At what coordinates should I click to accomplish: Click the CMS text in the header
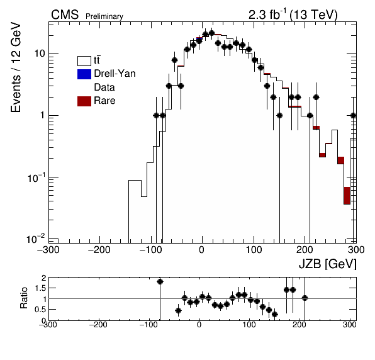coord(65,15)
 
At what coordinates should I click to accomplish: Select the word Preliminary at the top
coord(104,16)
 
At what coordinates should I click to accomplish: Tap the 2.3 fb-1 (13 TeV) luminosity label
coord(293,14)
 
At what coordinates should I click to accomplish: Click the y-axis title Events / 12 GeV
coord(16,67)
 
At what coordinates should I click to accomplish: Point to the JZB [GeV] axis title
coord(328,264)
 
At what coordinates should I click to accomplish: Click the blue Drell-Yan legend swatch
coord(84,74)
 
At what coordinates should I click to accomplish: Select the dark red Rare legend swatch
coord(84,101)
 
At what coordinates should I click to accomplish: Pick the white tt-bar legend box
coord(84,61)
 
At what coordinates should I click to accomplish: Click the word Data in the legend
coord(104,87)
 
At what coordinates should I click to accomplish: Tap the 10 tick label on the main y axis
coord(40,53)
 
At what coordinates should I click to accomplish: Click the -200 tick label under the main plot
coord(99,250)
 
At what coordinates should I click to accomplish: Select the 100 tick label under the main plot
coord(254,250)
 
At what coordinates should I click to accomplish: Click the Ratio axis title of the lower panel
coord(24,298)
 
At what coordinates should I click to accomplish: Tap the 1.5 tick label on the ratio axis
coord(40,288)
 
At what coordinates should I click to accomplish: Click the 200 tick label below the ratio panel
coord(299,325)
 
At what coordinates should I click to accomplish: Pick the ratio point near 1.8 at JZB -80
coord(160,282)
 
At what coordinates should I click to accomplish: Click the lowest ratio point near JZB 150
coord(275,314)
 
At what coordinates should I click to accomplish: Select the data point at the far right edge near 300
coord(354,116)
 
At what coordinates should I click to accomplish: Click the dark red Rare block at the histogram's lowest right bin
coord(347,196)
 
